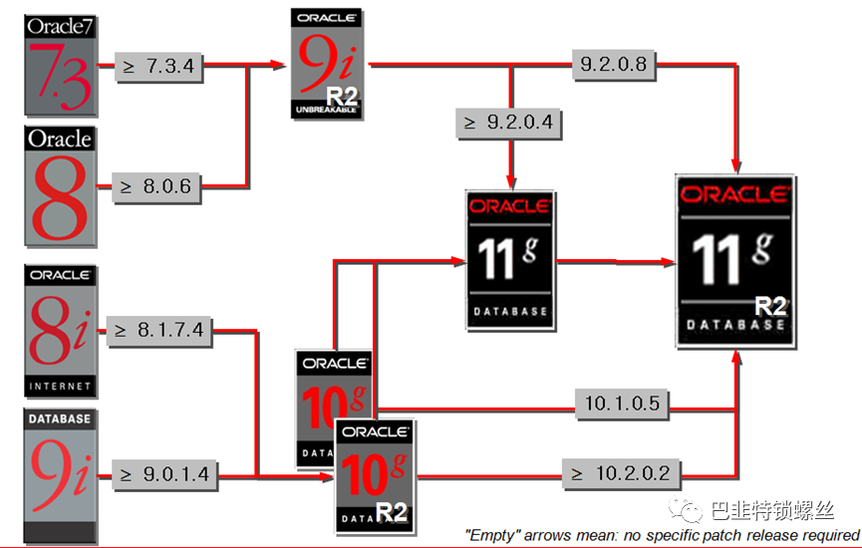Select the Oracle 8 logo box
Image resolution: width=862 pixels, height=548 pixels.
tap(60, 185)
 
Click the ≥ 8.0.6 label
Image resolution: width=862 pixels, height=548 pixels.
tap(156, 186)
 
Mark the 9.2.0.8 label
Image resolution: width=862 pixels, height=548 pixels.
tap(613, 66)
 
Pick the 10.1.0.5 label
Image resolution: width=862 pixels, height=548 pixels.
tap(622, 404)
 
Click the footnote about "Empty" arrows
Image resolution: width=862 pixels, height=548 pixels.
tap(662, 536)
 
